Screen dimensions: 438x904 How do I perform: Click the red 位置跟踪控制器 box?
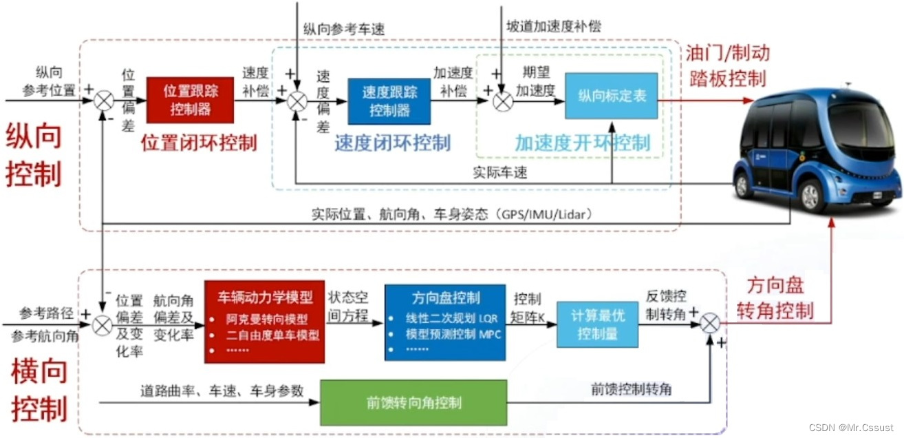[191, 100]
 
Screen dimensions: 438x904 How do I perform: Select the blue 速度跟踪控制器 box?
[389, 101]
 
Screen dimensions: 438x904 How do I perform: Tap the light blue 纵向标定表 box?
[611, 95]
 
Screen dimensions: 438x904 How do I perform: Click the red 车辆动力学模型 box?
[264, 322]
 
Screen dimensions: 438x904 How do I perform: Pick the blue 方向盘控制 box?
[444, 322]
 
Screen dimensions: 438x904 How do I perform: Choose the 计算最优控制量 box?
[597, 324]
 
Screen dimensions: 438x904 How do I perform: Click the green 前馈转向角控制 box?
[413, 402]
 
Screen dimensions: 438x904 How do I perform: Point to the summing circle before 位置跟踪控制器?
[104, 101]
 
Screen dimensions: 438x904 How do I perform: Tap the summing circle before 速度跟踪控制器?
[297, 101]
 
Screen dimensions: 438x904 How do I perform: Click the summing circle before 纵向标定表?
[502, 101]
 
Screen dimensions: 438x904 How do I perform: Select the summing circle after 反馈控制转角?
[711, 322]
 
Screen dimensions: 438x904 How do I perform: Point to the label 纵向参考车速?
[343, 29]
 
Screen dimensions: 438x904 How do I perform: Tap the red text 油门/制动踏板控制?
[727, 65]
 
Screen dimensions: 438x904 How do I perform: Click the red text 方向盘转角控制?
[775, 298]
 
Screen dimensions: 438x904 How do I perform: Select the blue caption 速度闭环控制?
[392, 143]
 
